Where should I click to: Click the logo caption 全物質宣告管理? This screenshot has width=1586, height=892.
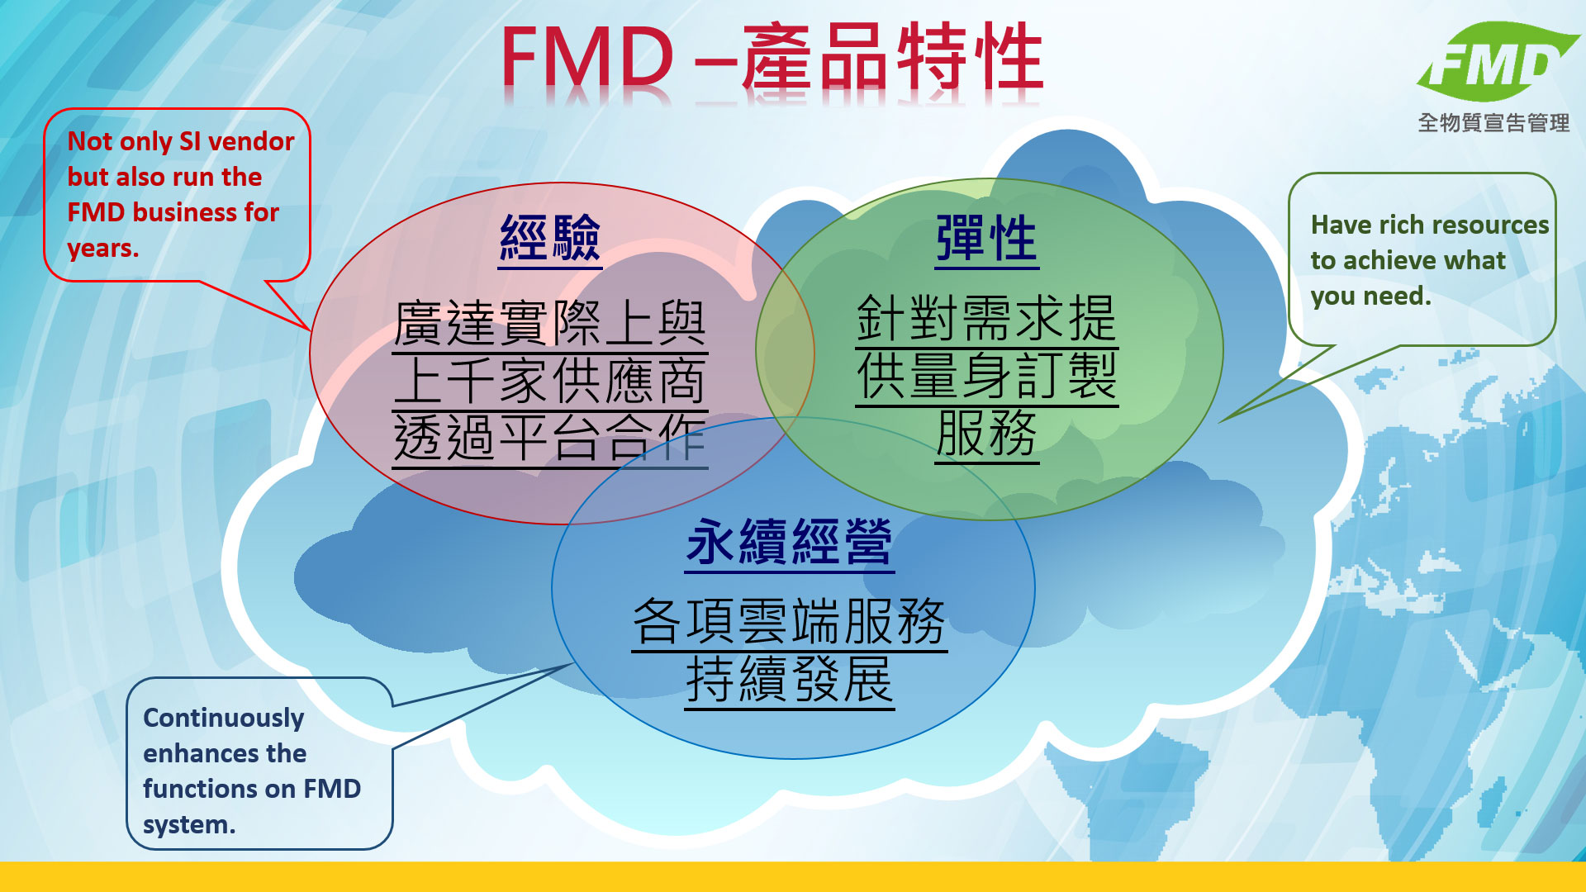click(1493, 123)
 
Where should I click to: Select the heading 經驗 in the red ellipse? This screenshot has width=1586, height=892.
click(550, 239)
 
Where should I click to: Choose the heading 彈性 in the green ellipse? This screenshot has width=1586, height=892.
click(986, 239)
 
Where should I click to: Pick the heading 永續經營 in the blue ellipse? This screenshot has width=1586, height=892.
click(789, 543)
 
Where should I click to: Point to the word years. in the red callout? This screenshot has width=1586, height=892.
click(103, 249)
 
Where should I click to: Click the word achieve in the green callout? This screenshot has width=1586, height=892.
click(1394, 260)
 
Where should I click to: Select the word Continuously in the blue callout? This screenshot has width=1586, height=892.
click(224, 719)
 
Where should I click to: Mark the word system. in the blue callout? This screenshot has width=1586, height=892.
click(189, 825)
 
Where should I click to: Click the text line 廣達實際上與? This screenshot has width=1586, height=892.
click(550, 324)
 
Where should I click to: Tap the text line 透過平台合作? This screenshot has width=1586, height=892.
click(550, 438)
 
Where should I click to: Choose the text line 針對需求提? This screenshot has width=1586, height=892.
click(986, 318)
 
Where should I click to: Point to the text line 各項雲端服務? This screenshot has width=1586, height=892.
click(789, 621)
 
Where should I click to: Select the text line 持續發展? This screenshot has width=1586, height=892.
click(789, 679)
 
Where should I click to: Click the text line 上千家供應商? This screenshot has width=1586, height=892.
click(550, 381)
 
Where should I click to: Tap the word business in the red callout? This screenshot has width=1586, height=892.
click(185, 212)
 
